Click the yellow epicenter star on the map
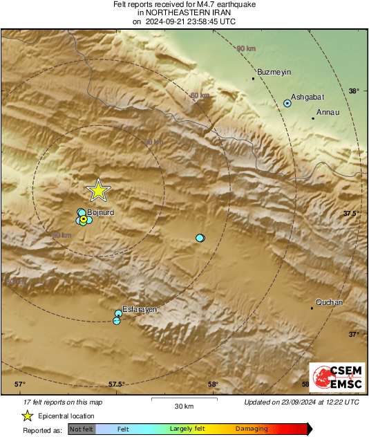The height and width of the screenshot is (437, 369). click(98, 189)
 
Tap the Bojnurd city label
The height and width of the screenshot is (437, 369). click(101, 213)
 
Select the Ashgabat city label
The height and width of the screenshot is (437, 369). click(307, 97)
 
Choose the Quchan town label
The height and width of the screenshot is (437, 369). click(329, 302)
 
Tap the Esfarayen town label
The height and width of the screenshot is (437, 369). click(140, 309)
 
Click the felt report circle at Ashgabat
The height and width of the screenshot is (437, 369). click(287, 103)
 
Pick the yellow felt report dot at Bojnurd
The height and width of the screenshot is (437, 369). click(84, 219)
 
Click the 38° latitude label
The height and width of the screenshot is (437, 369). click(354, 91)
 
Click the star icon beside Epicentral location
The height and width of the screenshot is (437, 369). click(27, 416)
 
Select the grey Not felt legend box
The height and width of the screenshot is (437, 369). click(81, 429)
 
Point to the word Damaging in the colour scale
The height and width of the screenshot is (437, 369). click(252, 429)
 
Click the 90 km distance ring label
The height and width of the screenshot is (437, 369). click(245, 48)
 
